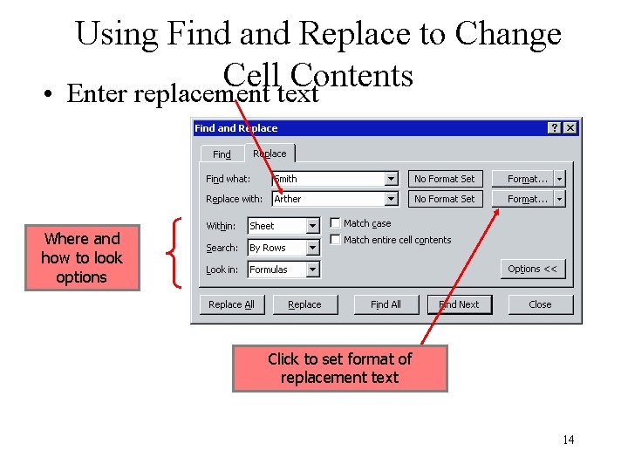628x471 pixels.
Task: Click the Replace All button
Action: click(231, 304)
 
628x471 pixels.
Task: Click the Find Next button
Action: click(460, 304)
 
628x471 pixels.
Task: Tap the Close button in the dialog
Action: click(540, 304)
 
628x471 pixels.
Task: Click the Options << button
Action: click(532, 269)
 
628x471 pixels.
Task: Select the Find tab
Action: click(222, 154)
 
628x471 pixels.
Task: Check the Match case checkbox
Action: click(336, 223)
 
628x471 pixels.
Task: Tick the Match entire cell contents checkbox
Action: click(336, 240)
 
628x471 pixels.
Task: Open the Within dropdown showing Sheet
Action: click(312, 226)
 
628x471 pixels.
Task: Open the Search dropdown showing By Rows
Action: click(312, 248)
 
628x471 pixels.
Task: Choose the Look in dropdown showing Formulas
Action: click(312, 270)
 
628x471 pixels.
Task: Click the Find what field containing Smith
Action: click(327, 179)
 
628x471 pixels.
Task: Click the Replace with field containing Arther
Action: click(327, 199)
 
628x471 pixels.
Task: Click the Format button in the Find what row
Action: click(528, 179)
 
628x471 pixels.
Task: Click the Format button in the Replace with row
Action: click(528, 199)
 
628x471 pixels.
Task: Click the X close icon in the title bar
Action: click(570, 128)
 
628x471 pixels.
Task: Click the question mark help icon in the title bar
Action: click(555, 128)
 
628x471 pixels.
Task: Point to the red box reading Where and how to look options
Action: click(82, 258)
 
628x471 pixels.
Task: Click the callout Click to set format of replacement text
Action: click(339, 368)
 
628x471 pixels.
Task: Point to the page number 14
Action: click(568, 440)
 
